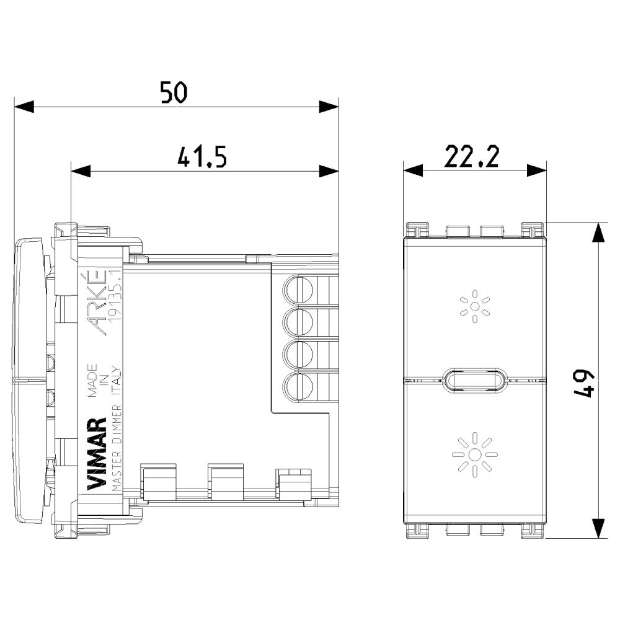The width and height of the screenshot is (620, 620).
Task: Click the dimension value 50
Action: [174, 92]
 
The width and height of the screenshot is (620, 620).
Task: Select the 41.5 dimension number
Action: [202, 157]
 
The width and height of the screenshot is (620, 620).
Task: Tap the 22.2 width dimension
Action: [472, 157]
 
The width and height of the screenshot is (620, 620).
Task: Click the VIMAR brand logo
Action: [97, 454]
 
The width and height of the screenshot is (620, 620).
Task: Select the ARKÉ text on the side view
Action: [96, 302]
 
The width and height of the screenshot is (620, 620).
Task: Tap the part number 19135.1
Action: [115, 296]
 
